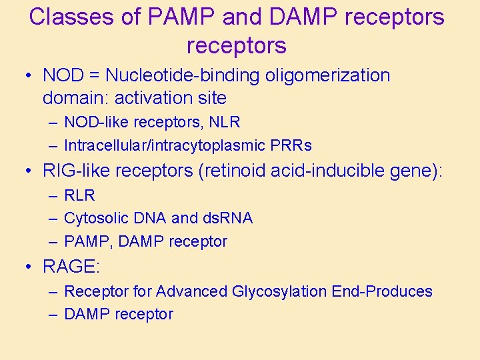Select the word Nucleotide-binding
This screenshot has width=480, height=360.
tap(183, 75)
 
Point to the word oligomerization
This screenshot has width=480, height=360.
tap(328, 75)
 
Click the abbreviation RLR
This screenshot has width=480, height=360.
tap(79, 195)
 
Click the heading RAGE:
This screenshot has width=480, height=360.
tap(71, 267)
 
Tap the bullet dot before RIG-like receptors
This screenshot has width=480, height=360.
tap(27, 172)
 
